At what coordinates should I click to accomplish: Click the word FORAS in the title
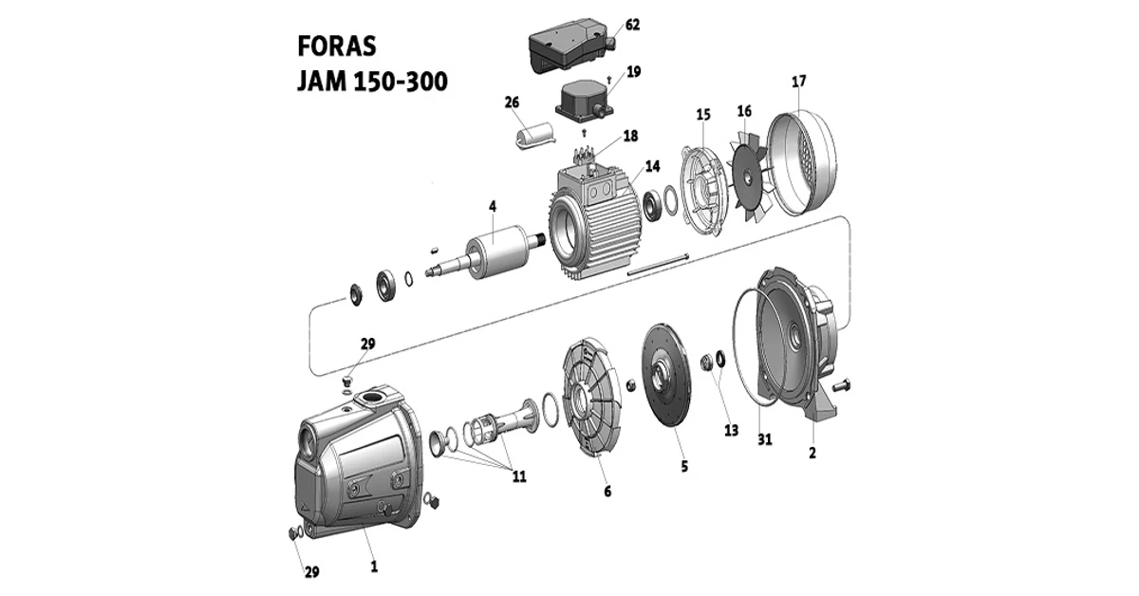pyautogui.click(x=337, y=47)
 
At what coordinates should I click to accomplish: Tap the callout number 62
pyautogui.click(x=633, y=25)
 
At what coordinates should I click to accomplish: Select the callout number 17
pyautogui.click(x=799, y=82)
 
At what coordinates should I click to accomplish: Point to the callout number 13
pyautogui.click(x=730, y=430)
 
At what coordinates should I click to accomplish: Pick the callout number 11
pyautogui.click(x=519, y=476)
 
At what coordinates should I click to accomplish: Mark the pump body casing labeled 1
pyautogui.click(x=356, y=465)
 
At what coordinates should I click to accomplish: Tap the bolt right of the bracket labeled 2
pyautogui.click(x=844, y=384)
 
